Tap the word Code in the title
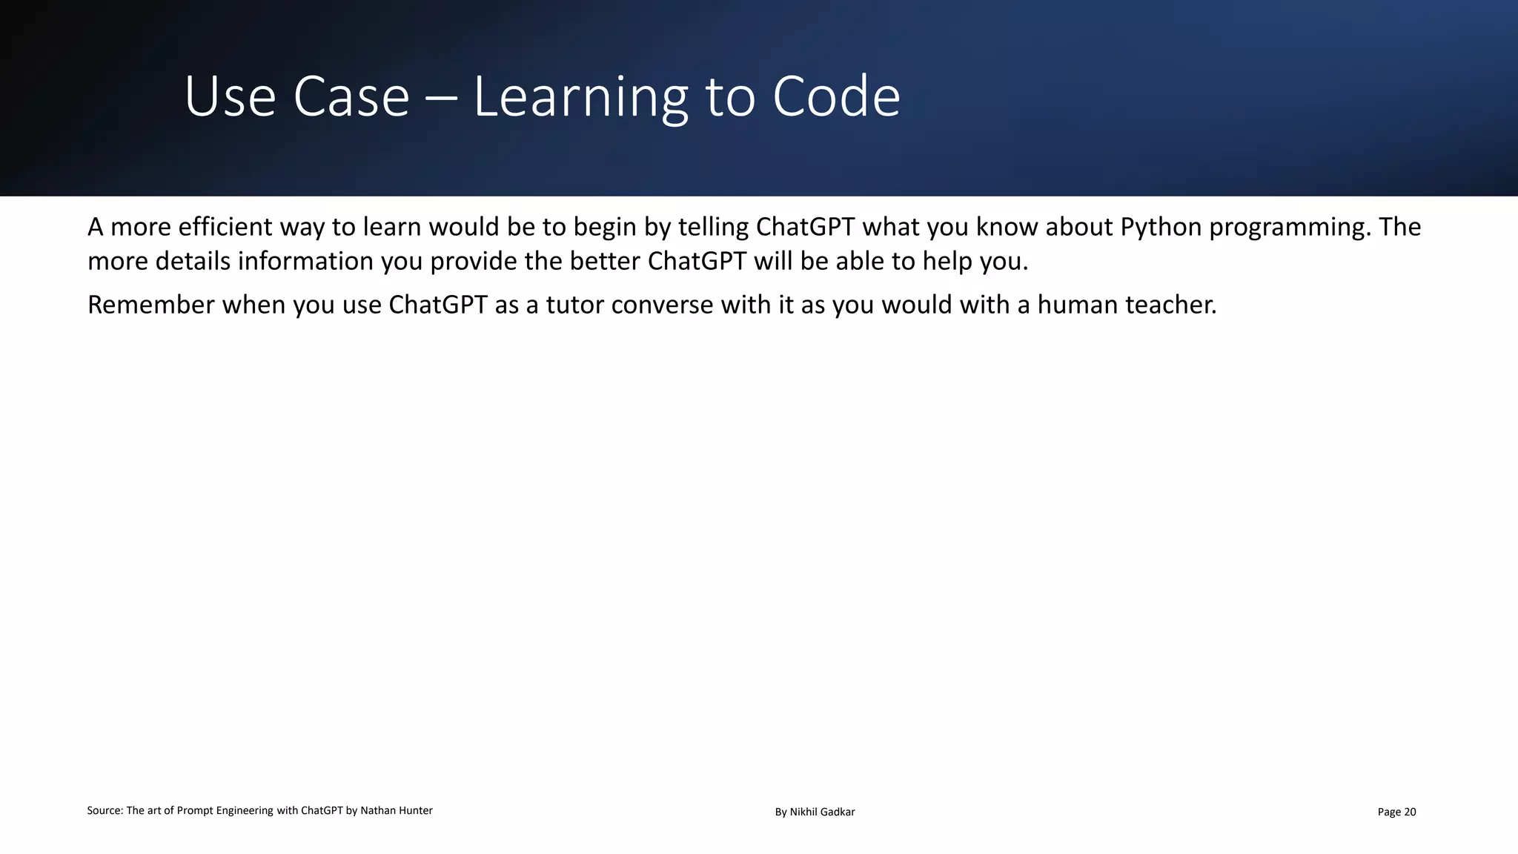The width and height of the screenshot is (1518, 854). pos(836,97)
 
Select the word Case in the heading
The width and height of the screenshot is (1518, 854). pos(351,97)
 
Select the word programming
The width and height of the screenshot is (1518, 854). pos(1289,227)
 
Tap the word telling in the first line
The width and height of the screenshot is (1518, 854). pos(713,227)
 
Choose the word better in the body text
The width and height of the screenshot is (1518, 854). pos(606,262)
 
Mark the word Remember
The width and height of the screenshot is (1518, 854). pos(150,305)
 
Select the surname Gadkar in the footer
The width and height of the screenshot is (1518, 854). pos(838,812)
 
